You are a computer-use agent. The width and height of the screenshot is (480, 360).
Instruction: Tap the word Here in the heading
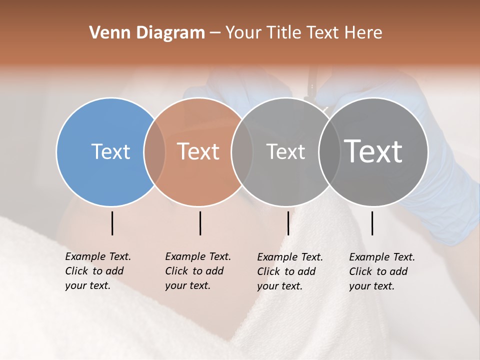363,33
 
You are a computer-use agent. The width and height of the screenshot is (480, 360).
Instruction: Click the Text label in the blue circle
110,151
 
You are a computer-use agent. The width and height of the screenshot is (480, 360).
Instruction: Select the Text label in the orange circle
198,151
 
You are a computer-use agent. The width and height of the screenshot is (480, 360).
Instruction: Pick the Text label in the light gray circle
285,151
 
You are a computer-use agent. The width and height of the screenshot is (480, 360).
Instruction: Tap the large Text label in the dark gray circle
373,151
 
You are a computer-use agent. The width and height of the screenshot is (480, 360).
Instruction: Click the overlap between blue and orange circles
154,152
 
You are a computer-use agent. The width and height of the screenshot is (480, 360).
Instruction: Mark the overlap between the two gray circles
329,152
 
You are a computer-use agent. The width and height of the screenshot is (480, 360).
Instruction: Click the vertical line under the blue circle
112,223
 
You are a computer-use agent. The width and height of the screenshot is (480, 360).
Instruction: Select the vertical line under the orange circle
200,223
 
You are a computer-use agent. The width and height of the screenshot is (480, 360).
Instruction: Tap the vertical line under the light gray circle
288,223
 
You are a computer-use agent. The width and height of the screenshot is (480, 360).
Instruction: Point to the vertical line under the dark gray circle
372,223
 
